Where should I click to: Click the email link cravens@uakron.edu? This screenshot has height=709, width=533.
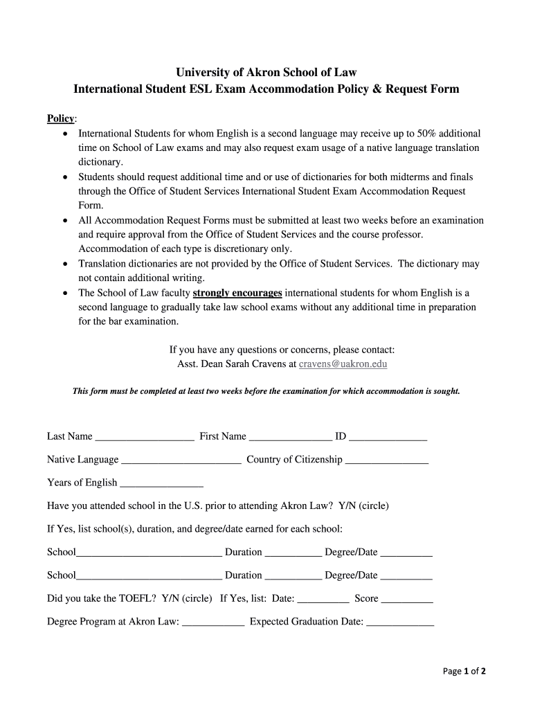pyautogui.click(x=343, y=364)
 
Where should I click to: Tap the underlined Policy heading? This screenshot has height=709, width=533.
pyautogui.click(x=61, y=118)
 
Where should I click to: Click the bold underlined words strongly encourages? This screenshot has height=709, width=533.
pyautogui.click(x=237, y=293)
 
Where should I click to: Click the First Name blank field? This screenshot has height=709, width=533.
pyautogui.click(x=290, y=438)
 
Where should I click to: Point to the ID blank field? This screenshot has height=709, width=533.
pyautogui.click(x=388, y=438)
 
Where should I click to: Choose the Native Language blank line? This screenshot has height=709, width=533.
pyautogui.click(x=181, y=461)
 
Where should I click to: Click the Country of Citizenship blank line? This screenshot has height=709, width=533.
pyautogui.click(x=386, y=461)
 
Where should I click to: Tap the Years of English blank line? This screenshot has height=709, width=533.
pyautogui.click(x=161, y=484)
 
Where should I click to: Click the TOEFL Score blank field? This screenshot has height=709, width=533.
pyautogui.click(x=406, y=600)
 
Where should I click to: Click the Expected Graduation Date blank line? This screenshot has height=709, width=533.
pyautogui.click(x=399, y=623)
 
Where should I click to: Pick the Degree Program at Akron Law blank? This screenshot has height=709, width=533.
pyautogui.click(x=213, y=623)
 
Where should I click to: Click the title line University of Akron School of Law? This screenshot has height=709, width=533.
pyautogui.click(x=266, y=73)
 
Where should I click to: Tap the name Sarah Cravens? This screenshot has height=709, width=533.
pyautogui.click(x=249, y=364)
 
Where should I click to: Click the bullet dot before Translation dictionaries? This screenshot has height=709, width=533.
pyautogui.click(x=65, y=264)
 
